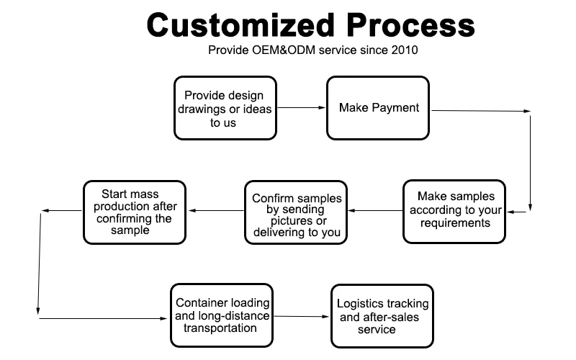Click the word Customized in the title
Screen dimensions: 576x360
click(240, 25)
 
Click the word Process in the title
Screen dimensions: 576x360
click(410, 25)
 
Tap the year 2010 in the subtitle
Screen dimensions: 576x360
click(404, 50)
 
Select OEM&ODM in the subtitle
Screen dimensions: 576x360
click(283, 50)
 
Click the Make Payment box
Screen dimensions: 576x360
click(378, 108)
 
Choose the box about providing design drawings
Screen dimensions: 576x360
click(225, 108)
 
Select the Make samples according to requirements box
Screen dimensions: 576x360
click(454, 212)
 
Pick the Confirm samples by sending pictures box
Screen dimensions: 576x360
click(296, 212)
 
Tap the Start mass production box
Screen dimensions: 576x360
click(135, 212)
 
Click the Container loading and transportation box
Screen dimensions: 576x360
click(222, 315)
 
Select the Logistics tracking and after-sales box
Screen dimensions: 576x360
click(382, 316)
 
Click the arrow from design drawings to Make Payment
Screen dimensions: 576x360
click(301, 107)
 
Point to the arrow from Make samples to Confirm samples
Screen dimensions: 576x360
click(375, 210)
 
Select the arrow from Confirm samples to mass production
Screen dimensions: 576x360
click(217, 210)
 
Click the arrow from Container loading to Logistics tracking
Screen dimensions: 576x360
click(302, 316)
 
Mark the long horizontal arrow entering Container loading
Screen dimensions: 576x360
click(103, 318)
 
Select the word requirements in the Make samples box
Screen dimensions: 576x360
click(455, 223)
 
